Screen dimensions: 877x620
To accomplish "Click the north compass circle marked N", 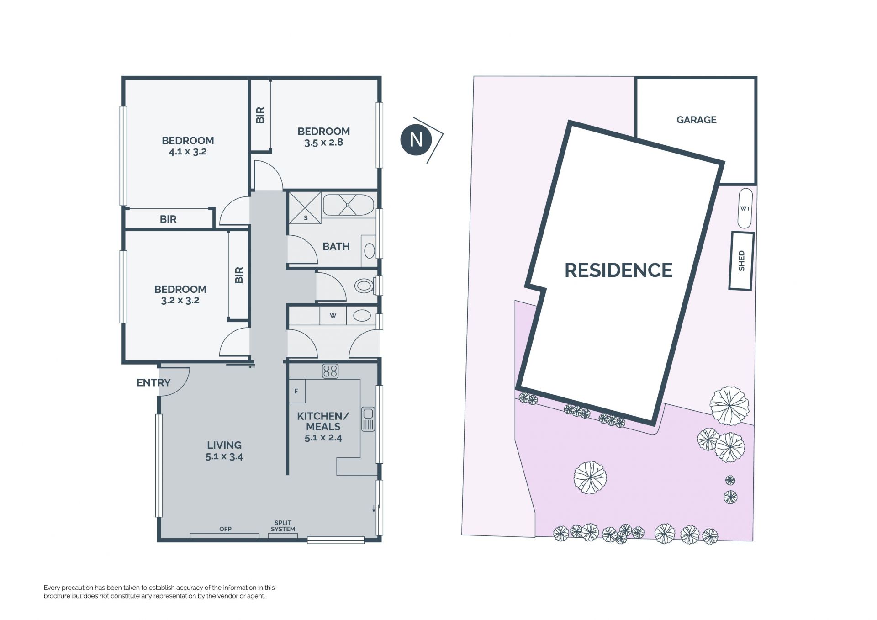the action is point(416,139).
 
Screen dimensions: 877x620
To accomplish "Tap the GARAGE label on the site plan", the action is point(696,120).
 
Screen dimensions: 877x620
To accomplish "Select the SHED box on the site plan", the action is point(741,261).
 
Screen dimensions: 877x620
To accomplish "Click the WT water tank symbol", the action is point(745,208).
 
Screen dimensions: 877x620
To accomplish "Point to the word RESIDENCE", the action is point(618,270).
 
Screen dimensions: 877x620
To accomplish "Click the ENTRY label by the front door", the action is point(153,382).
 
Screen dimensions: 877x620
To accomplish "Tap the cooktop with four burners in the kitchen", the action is point(330,371).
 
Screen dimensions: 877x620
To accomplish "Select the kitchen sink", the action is point(368,419).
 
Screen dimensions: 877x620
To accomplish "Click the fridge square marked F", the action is point(296,391).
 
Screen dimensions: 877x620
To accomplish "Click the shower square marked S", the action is point(305,208).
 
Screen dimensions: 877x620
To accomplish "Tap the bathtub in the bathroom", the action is point(349,205).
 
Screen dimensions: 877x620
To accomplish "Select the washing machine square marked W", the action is point(333,315).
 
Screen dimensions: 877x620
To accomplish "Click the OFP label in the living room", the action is point(225,529).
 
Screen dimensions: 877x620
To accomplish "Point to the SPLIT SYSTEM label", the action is point(283,526).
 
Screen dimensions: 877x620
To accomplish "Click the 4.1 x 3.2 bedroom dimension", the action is point(188,152).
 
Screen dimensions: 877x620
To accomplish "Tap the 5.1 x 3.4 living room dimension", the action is point(224,456).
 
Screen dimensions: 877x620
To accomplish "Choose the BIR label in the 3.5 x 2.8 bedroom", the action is point(260,115).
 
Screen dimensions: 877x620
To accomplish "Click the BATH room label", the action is point(336,246).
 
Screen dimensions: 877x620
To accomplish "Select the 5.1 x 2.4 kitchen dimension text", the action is point(323,437).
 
